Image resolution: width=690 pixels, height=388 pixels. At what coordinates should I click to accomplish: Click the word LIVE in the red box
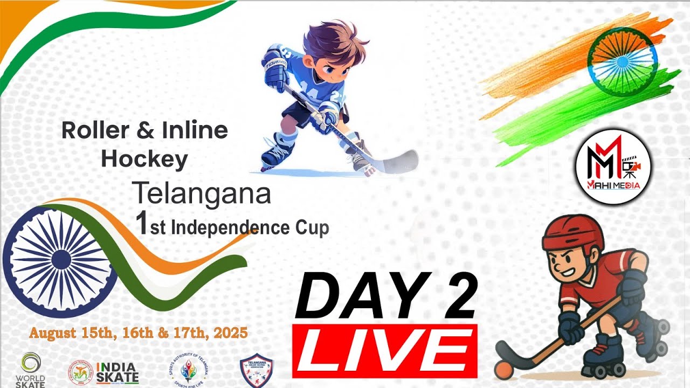(384, 351)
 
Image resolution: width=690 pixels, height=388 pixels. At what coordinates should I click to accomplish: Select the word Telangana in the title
(201, 194)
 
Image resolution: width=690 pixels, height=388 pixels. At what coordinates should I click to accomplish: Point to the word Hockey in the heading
(144, 159)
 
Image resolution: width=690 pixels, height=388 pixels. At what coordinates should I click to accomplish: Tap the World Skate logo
(30, 370)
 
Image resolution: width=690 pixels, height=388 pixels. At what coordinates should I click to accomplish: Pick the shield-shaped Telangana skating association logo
(256, 370)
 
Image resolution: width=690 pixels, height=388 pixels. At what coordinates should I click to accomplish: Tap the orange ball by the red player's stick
(503, 370)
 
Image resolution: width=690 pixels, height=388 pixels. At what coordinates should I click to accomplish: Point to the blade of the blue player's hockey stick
(399, 161)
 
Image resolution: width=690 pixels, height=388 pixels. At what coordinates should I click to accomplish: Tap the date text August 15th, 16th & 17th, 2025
(139, 333)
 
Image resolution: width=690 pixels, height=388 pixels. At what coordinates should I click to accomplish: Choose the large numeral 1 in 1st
(142, 224)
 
